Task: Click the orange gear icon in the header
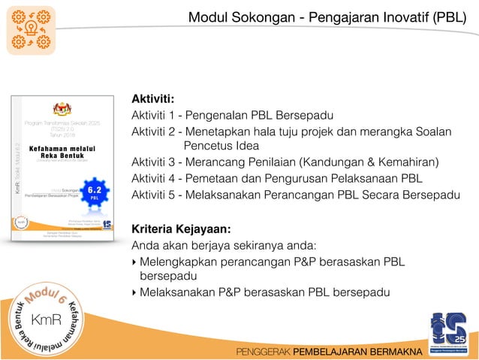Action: tap(31, 31)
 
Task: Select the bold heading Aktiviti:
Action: tap(153, 98)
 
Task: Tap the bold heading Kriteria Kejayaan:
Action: tap(181, 228)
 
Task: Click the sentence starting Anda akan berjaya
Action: tap(224, 245)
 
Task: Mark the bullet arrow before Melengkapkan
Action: tap(134, 262)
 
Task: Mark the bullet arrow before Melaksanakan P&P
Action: tap(134, 292)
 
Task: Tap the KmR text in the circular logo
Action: tap(47, 320)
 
